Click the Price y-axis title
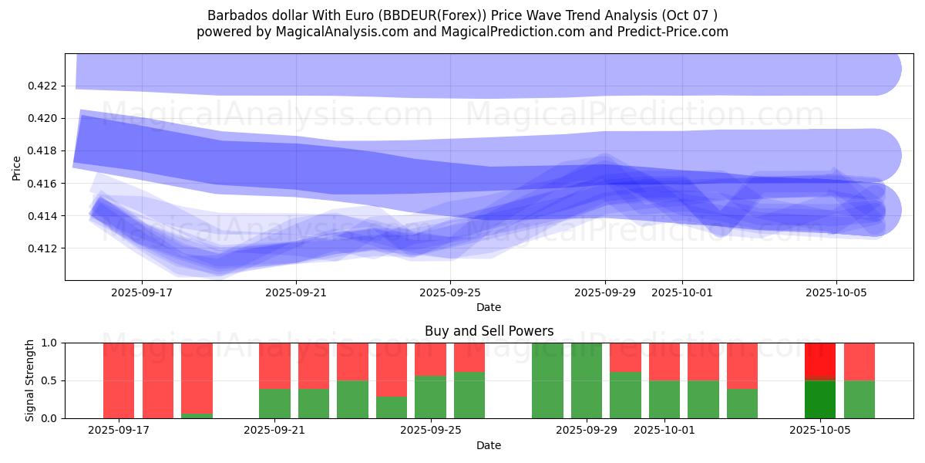click(17, 167)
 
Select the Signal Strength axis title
click(30, 380)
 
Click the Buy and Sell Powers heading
click(489, 331)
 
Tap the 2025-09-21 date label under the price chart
click(297, 293)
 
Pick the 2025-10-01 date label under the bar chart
click(664, 431)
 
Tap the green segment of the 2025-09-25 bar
click(430, 397)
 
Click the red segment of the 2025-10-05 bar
click(820, 360)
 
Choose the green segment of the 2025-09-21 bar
click(274, 404)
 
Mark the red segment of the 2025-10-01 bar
click(664, 361)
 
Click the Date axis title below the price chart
click(488, 307)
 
